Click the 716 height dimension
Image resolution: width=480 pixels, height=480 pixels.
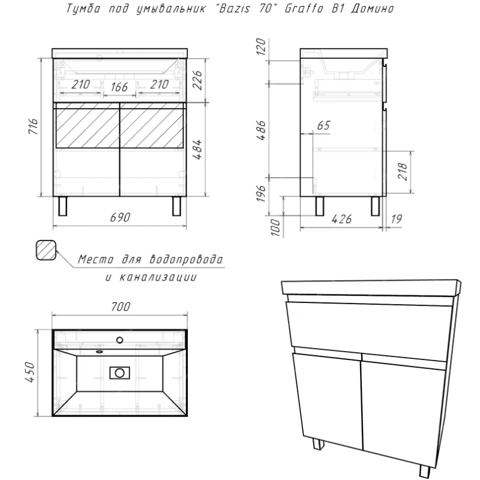point(33,126)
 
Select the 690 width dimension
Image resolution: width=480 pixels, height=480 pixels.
point(120,217)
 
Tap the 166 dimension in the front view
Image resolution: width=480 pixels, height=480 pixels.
point(119,87)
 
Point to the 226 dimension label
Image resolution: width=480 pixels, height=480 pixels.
point(197,80)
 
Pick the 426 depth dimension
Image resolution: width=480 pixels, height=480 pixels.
point(341,219)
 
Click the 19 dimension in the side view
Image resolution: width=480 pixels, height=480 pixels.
point(396,219)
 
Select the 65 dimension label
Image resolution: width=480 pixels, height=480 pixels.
point(324,125)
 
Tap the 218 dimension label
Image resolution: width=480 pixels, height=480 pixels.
point(403,172)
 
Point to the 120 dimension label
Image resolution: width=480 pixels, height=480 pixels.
point(261,47)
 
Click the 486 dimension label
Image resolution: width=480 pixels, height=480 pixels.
point(261,131)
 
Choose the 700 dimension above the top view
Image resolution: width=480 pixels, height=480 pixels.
point(121,307)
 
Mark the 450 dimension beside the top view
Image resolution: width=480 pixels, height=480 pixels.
point(31,372)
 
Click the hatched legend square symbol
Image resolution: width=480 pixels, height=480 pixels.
point(46,250)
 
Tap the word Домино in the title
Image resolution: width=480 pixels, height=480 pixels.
point(373,9)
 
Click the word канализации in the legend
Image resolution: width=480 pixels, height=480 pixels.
point(158,277)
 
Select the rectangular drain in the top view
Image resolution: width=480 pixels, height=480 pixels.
point(119,373)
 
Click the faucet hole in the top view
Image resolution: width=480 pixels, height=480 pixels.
point(119,340)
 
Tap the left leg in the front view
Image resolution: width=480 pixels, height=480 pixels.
point(63,206)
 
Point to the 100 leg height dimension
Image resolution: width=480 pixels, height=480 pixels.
point(275,227)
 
